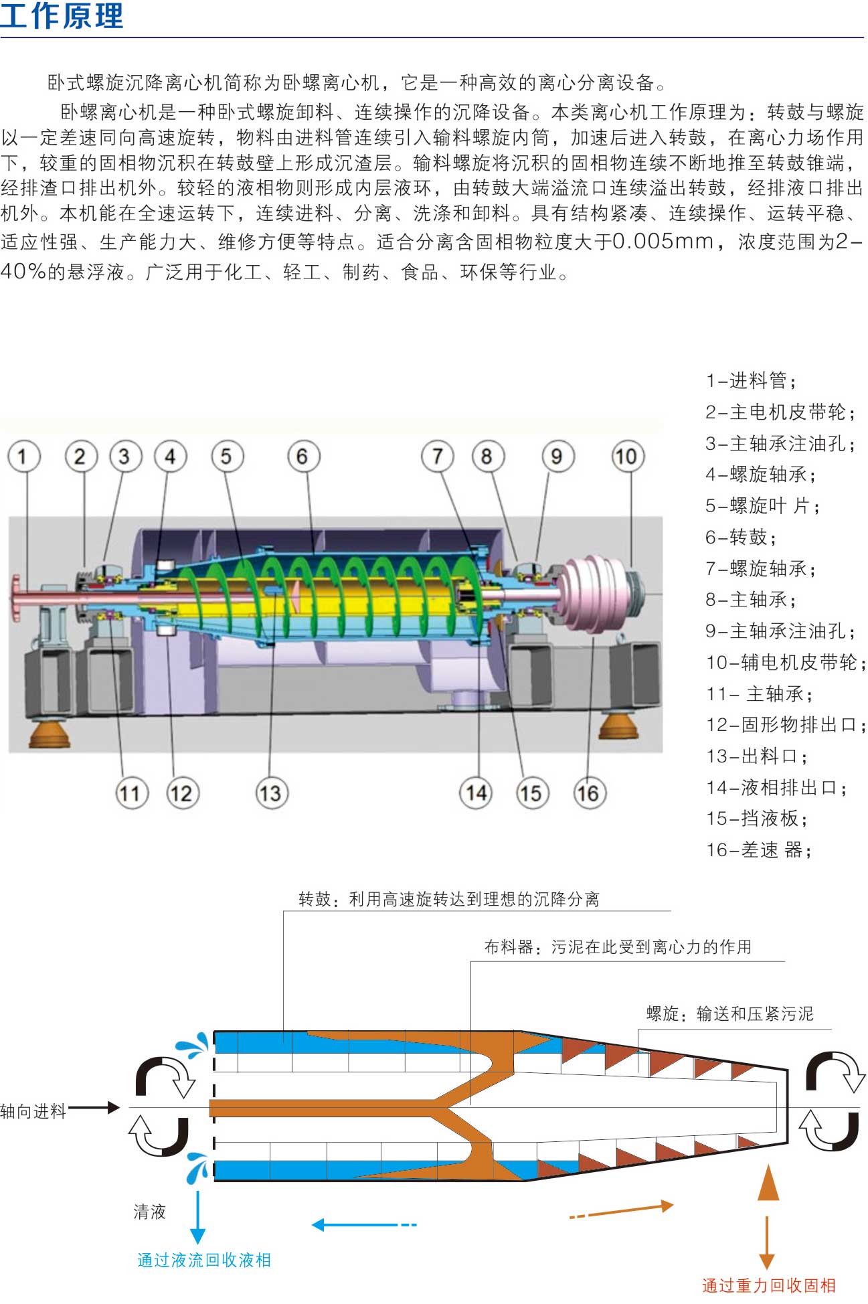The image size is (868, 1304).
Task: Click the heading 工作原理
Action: click(62, 16)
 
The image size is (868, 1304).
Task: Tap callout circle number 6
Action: click(303, 457)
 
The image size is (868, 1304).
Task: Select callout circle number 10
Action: click(627, 457)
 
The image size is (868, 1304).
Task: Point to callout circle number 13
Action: click(270, 793)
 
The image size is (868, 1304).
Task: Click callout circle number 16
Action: click(589, 793)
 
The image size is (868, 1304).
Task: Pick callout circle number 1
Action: click(24, 457)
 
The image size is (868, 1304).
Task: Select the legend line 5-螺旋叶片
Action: click(762, 506)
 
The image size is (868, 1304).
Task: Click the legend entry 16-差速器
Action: click(759, 850)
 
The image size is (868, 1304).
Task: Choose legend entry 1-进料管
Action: click(751, 381)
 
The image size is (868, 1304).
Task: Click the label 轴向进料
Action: click(33, 1112)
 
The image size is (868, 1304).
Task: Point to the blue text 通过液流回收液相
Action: click(204, 1260)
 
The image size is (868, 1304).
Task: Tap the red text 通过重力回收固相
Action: click(768, 1285)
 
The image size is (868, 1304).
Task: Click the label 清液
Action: click(149, 1212)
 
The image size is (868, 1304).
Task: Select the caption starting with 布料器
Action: click(618, 947)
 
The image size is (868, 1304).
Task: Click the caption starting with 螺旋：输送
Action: click(729, 1014)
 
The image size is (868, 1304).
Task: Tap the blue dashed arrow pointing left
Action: click(364, 1225)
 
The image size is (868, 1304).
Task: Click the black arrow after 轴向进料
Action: click(94, 1108)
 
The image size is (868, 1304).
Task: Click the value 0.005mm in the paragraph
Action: click(663, 242)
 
